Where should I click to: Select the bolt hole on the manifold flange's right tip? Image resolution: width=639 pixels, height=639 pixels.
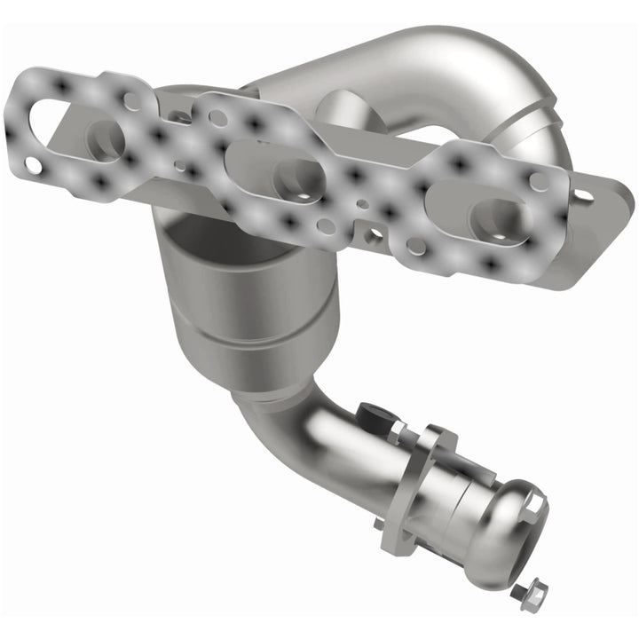[x=581, y=195]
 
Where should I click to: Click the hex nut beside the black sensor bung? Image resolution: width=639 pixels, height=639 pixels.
[x=397, y=431]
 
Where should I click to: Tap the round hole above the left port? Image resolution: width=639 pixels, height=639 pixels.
[x=131, y=101]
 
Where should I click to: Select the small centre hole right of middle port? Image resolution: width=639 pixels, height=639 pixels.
[x=362, y=203]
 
